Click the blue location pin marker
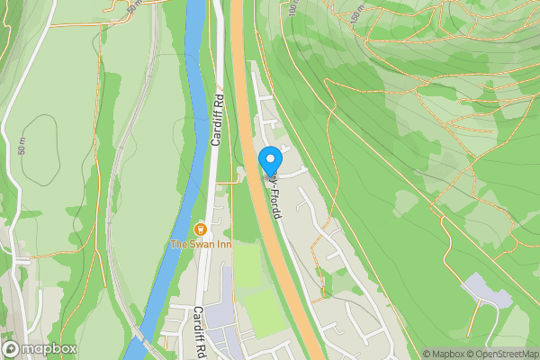pyautogui.click(x=269, y=161)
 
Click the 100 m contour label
pyautogui.click(x=293, y=13)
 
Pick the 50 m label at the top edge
pyautogui.click(x=134, y=5)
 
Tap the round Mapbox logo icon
pyautogui.click(x=12, y=349)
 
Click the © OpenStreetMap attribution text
pyautogui.click(x=499, y=354)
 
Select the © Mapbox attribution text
pyautogui.click(x=440, y=354)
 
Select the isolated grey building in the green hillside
pyautogui.click(x=485, y=292)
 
